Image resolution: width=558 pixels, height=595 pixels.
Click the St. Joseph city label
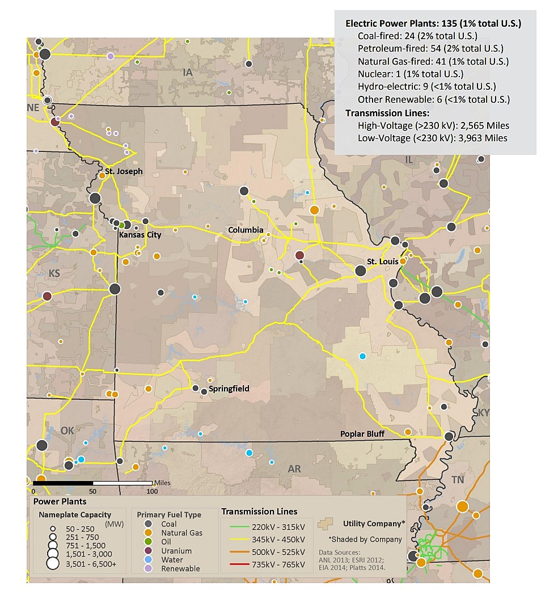click(x=124, y=171)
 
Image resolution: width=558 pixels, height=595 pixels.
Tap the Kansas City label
click(x=139, y=235)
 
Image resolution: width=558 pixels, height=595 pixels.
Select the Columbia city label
click(x=246, y=230)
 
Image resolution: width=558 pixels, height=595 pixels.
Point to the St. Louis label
click(x=382, y=261)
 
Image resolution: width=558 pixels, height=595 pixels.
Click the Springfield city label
click(x=229, y=389)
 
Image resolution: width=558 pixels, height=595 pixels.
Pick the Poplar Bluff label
click(x=362, y=434)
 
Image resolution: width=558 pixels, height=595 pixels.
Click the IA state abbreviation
click(x=188, y=72)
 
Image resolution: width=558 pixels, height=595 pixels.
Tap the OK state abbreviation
click(x=67, y=431)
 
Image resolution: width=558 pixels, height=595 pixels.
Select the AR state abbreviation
click(x=294, y=469)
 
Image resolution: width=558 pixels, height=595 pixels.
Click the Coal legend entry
click(x=168, y=524)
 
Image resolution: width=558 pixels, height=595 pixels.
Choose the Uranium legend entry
click(x=176, y=551)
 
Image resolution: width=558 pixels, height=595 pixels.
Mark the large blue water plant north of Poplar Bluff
click(x=362, y=356)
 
